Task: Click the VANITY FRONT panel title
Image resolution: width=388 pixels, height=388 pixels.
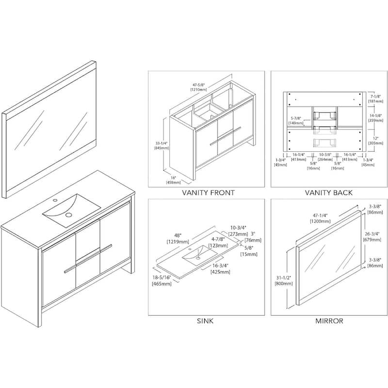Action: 208,193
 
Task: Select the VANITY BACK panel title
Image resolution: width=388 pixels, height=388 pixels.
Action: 328,193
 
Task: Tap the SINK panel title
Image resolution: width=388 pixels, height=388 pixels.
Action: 205,321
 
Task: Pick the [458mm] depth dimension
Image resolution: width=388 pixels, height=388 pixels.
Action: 173,182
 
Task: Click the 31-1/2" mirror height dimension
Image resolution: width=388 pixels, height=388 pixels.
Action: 283,279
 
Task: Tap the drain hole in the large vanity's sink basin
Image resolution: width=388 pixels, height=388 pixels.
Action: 68,214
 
